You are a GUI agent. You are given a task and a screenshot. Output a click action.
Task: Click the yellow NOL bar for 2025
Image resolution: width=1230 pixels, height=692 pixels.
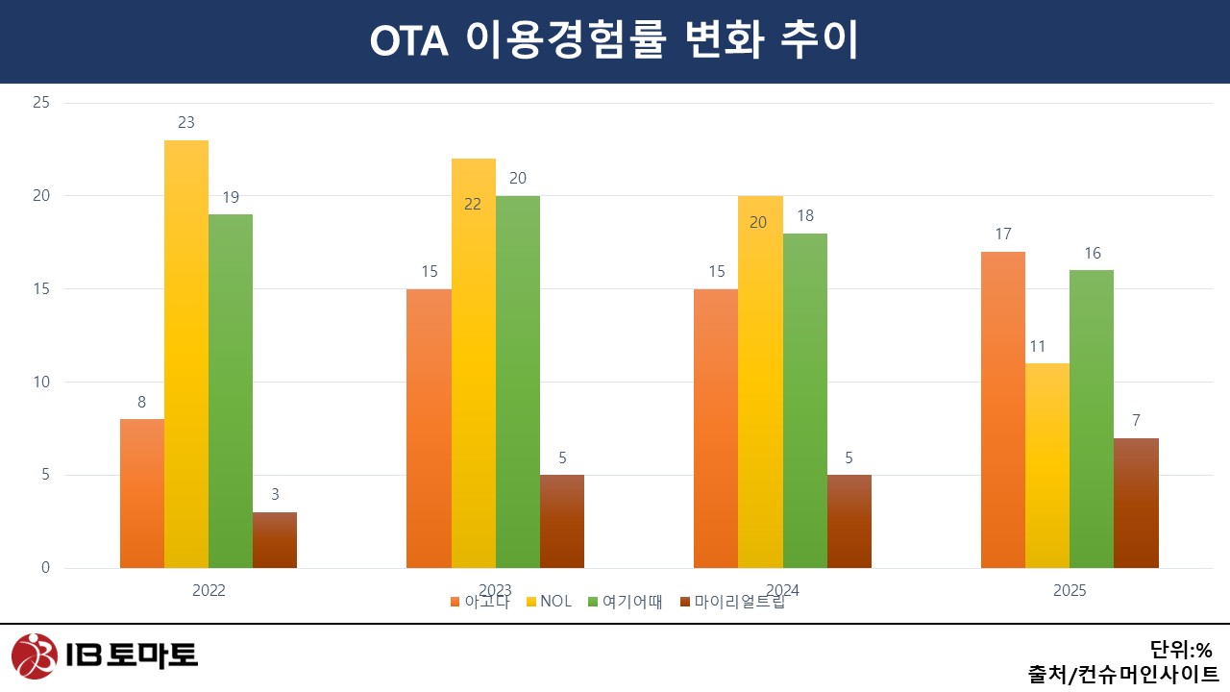pyautogui.click(x=1046, y=465)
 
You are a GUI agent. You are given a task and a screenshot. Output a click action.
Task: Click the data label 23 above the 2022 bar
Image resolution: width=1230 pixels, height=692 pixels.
pyautogui.click(x=185, y=123)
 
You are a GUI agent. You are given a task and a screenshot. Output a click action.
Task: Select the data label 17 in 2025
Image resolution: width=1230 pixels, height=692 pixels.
pyautogui.click(x=1002, y=235)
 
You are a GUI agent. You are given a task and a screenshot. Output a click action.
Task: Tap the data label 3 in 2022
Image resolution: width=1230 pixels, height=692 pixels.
pyautogui.click(x=275, y=495)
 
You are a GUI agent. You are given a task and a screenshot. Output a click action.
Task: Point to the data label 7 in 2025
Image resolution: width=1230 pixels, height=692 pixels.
pyautogui.click(x=1136, y=421)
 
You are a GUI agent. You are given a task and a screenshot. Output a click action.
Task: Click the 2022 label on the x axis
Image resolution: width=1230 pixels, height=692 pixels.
pyautogui.click(x=209, y=590)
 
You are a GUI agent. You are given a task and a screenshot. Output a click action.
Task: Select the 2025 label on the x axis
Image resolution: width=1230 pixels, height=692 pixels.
pyautogui.click(x=1069, y=590)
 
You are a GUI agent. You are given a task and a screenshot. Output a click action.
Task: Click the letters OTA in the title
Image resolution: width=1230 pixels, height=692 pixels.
pyautogui.click(x=410, y=41)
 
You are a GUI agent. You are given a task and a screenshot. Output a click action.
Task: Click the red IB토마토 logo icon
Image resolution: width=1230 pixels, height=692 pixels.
pyautogui.click(x=35, y=655)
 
